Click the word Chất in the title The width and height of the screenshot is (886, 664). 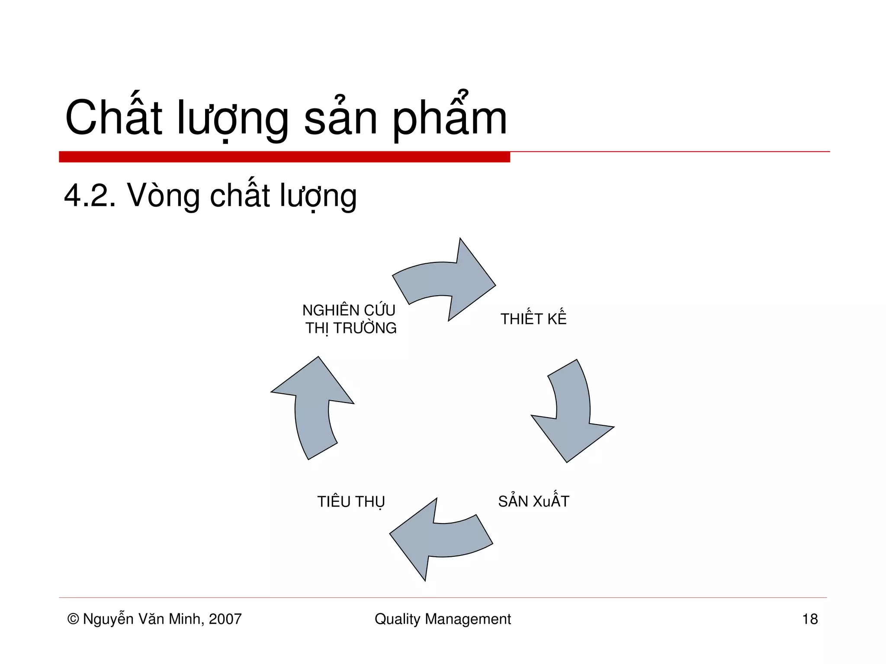(x=113, y=118)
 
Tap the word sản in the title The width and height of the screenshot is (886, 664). (x=340, y=118)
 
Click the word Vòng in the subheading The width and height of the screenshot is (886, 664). (x=163, y=195)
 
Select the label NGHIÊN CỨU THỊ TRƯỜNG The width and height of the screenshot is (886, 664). (x=350, y=319)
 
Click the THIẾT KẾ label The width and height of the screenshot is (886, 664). (x=533, y=319)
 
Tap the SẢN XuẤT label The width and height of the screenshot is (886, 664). (x=533, y=501)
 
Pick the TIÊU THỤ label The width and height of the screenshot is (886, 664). (x=351, y=502)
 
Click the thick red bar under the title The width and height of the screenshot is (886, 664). (x=284, y=157)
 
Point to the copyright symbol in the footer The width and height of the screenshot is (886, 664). (x=73, y=619)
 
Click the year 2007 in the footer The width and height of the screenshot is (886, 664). (x=225, y=619)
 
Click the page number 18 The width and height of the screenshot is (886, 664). (x=809, y=619)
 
